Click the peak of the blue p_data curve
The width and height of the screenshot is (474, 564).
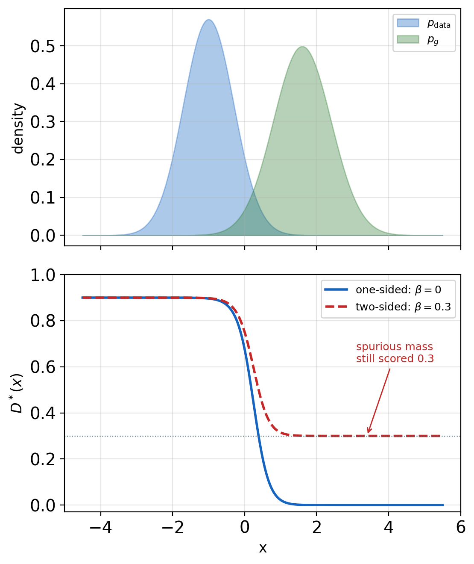[208, 20]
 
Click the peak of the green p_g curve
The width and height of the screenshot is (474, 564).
[302, 47]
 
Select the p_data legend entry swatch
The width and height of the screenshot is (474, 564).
[408, 23]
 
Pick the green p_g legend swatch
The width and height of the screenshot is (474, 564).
[408, 39]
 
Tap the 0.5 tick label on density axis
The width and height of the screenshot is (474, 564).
[43, 46]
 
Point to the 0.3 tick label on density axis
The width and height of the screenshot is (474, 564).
[43, 122]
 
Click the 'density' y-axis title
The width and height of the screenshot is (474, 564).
[18, 129]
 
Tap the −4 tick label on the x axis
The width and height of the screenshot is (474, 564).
[101, 527]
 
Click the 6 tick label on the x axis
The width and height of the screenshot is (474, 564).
[461, 527]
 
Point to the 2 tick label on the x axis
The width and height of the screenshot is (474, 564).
[316, 527]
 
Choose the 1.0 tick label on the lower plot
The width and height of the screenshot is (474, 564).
[43, 275]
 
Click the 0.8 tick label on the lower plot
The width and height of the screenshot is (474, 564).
[43, 321]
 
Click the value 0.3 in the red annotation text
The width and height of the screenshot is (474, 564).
[426, 359]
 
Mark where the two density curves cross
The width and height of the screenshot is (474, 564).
[253, 191]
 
